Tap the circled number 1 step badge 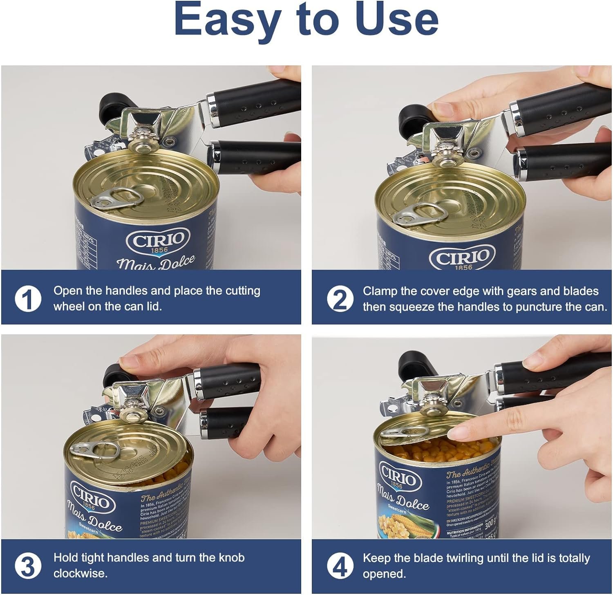(28, 299)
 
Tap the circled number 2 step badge (340, 299)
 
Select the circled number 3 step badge (28, 566)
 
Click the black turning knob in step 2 (414, 119)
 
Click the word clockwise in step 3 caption (81, 573)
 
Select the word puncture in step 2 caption (540, 307)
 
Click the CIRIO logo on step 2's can (462, 258)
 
